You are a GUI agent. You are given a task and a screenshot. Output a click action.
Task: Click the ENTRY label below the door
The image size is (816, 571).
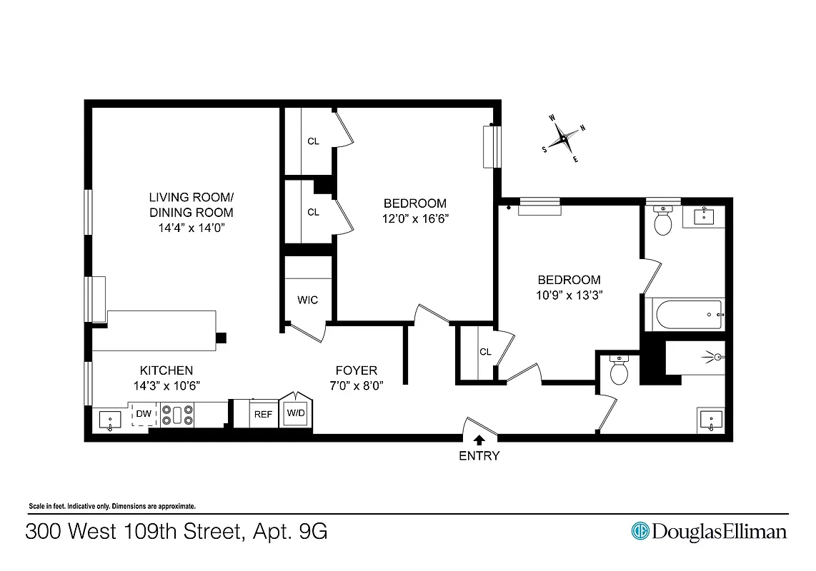tap(479, 456)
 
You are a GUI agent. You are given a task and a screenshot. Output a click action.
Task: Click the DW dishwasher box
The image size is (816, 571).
tap(144, 413)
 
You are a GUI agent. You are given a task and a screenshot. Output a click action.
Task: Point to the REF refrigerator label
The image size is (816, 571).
tap(264, 414)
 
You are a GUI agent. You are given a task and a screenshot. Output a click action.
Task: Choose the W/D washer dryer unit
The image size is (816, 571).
tap(296, 413)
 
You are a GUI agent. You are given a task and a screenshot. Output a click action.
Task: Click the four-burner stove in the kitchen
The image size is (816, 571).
tap(177, 415)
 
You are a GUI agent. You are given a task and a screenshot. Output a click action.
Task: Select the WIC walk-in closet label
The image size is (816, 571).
tap(307, 300)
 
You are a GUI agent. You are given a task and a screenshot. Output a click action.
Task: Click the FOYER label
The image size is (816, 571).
tap(357, 370)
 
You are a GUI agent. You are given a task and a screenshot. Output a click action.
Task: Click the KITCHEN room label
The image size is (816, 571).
tap(166, 370)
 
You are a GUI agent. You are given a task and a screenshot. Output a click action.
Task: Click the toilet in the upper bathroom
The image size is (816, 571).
tap(663, 221)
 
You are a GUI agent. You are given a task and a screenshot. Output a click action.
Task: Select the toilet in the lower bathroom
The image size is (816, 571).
tap(618, 370)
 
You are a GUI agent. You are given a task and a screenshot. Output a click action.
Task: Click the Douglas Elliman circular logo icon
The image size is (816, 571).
tap(640, 531)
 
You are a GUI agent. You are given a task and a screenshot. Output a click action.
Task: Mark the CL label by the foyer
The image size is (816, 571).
tap(485, 352)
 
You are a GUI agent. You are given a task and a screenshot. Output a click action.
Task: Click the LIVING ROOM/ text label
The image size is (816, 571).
tap(191, 197)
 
